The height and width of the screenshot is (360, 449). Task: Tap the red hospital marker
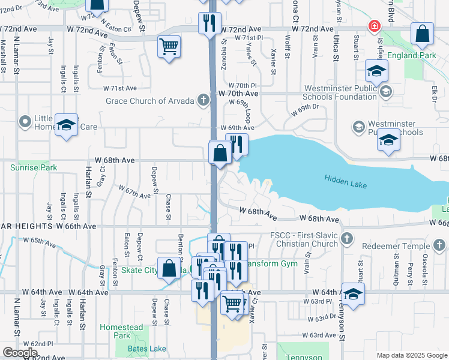[x=375, y=27]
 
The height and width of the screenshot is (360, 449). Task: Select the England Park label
[x=411, y=55]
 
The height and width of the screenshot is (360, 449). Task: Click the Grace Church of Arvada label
[x=149, y=101]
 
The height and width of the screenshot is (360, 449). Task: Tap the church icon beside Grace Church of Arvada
[x=203, y=100]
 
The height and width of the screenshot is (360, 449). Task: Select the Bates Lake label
[x=147, y=349]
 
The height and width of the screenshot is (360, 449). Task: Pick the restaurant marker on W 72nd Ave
[x=209, y=23]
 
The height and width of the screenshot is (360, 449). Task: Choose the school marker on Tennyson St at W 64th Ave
[x=354, y=294]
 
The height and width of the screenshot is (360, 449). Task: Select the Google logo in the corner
[x=19, y=353]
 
